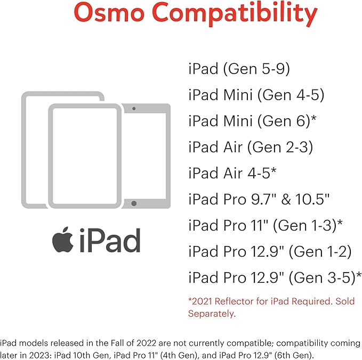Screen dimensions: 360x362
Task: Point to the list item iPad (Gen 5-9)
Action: (x=239, y=69)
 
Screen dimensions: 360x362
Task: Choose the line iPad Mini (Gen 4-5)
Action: (x=256, y=95)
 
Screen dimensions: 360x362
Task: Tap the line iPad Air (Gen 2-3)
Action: (x=251, y=147)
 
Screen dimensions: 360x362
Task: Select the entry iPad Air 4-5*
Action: (x=232, y=173)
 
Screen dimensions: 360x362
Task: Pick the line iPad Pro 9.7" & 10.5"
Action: (x=259, y=199)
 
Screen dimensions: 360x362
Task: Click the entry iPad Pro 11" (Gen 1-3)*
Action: (x=265, y=225)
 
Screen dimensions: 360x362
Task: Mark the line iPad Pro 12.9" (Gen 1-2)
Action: (x=270, y=251)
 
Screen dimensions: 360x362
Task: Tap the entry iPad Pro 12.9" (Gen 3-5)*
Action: (x=275, y=277)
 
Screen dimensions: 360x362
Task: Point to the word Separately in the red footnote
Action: (x=211, y=314)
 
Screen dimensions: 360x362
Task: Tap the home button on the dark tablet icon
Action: (x=134, y=203)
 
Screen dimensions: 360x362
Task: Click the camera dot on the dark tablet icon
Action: (x=134, y=108)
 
